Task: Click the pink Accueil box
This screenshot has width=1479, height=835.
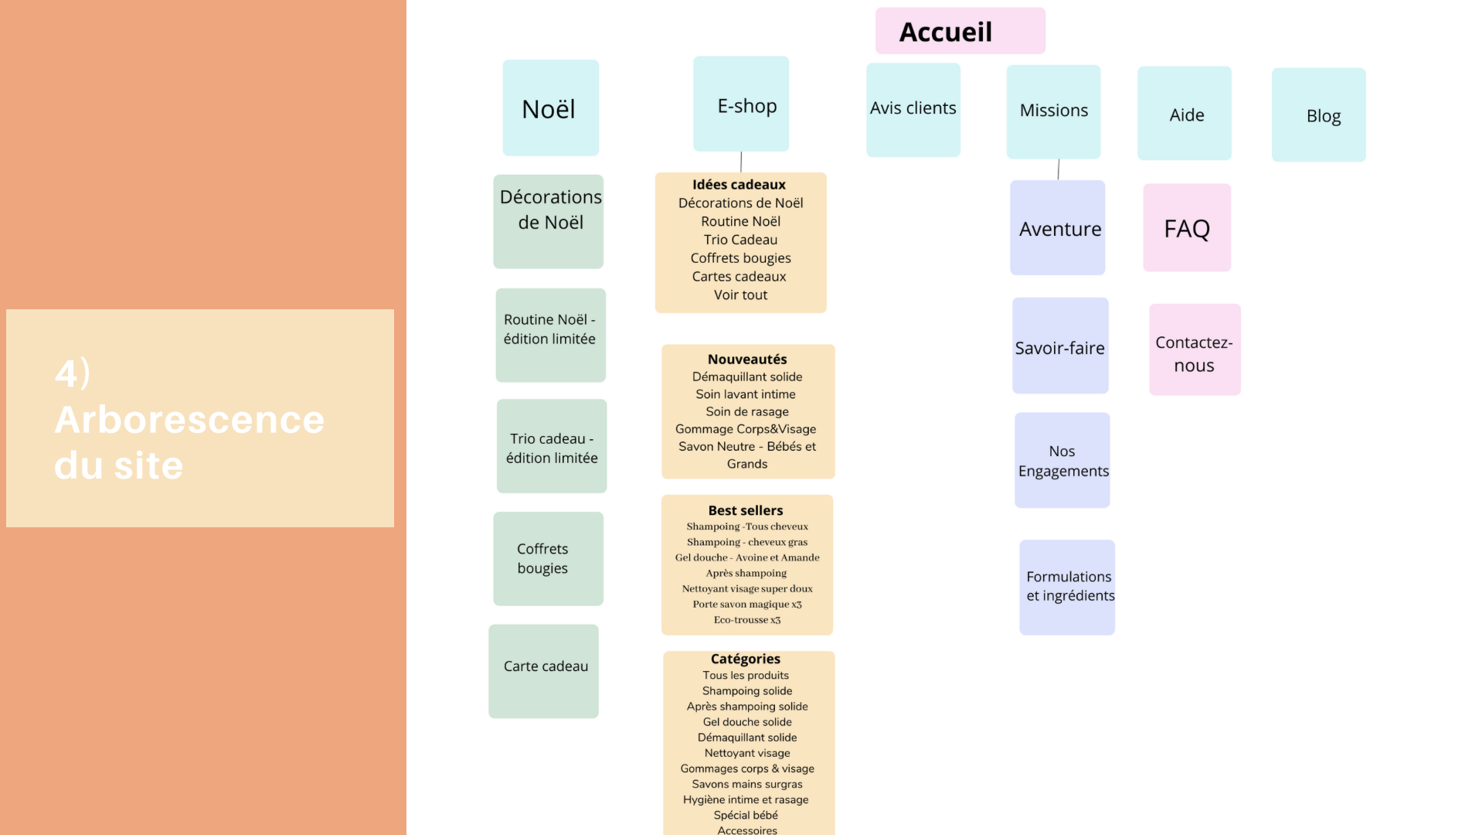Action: (960, 31)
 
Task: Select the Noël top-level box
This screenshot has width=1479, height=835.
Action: (550, 108)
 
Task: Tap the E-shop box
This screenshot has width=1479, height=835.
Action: (741, 104)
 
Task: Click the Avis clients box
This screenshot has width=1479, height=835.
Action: (913, 110)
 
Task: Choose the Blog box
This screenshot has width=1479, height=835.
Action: (1318, 115)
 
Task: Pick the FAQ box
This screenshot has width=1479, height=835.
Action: (1187, 228)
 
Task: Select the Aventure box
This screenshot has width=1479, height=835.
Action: (1057, 228)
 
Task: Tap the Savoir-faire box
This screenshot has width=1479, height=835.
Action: (1060, 346)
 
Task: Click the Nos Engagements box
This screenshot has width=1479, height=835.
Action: (1062, 461)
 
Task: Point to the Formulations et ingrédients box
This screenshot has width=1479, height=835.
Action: (1067, 588)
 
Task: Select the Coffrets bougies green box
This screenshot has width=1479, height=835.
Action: (548, 559)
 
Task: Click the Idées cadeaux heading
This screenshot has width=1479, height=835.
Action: (739, 185)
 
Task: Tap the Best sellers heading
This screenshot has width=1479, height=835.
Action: (746, 510)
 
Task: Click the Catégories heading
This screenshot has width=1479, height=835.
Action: (746, 659)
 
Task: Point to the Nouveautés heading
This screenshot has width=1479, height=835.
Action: (747, 360)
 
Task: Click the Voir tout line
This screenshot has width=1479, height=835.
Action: (740, 295)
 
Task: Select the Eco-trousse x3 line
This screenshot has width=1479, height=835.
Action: (747, 620)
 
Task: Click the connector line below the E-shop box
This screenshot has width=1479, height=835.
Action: (741, 162)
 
